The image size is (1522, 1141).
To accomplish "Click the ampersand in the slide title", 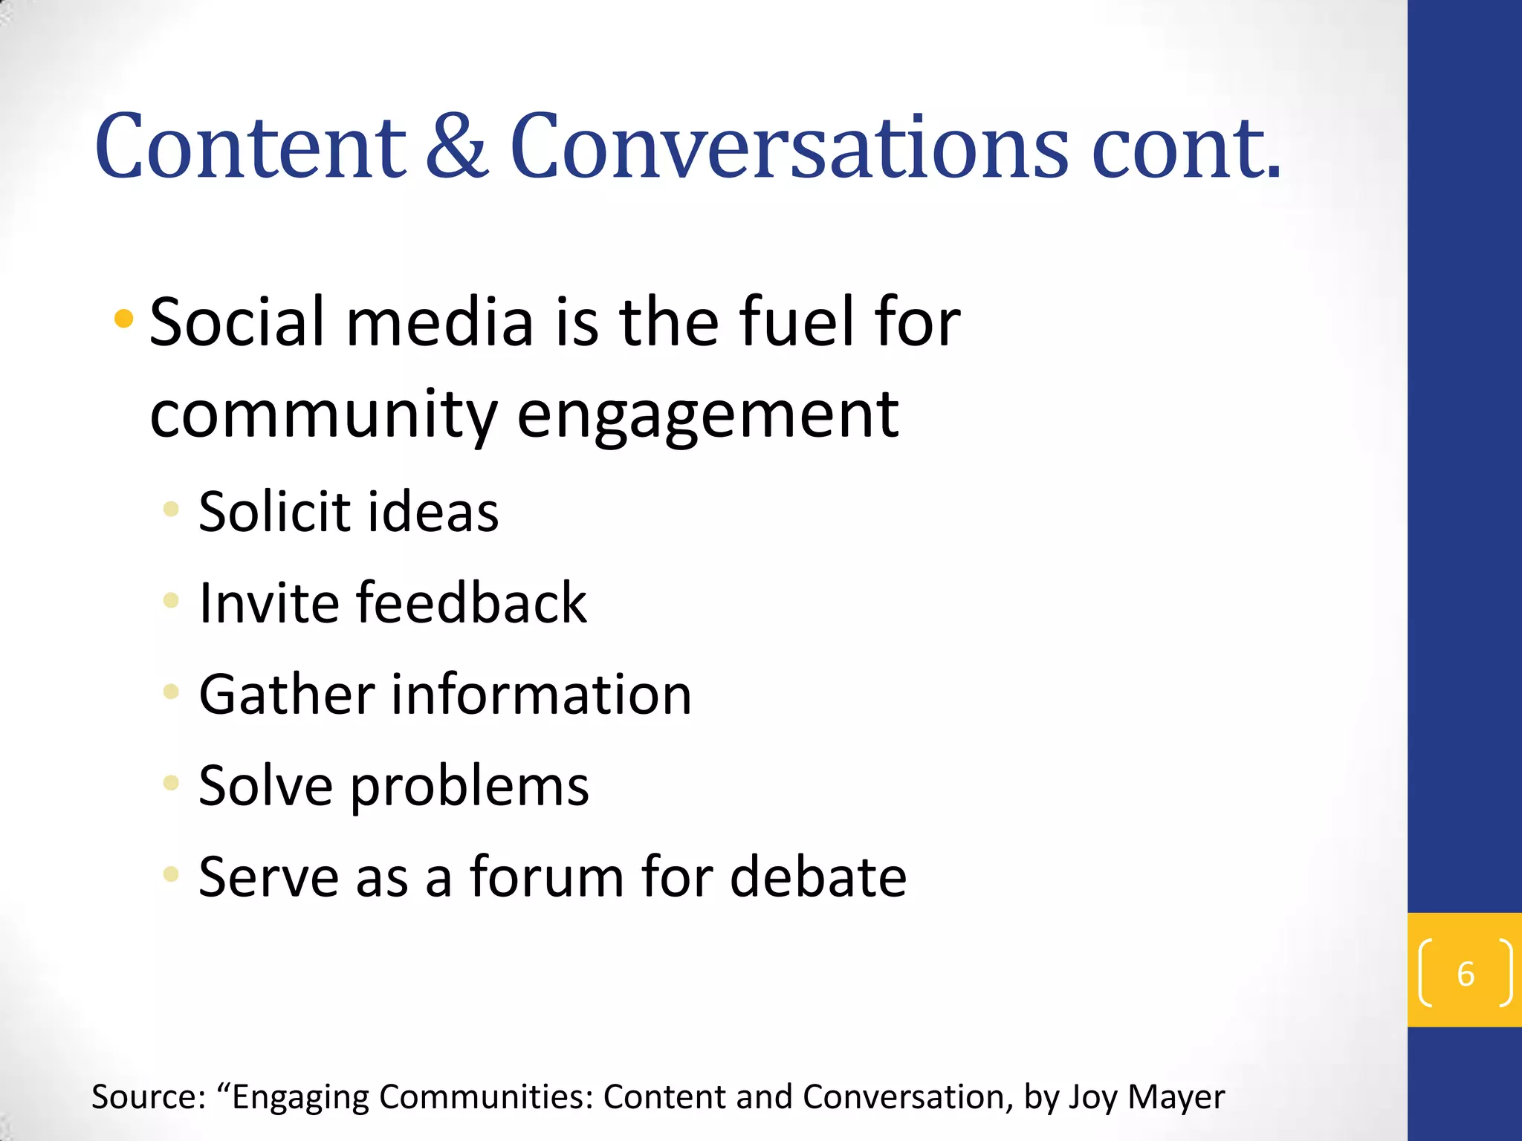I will [457, 147].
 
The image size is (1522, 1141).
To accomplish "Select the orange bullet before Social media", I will [123, 320].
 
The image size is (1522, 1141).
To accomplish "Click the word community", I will [323, 415].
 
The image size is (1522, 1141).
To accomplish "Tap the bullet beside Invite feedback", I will [171, 600].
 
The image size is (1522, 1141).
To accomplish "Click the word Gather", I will [287, 695].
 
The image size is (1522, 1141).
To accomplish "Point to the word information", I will [542, 695].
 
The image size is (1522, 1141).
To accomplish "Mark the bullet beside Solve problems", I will [171, 782].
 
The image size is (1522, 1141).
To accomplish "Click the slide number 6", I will [1466, 974].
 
